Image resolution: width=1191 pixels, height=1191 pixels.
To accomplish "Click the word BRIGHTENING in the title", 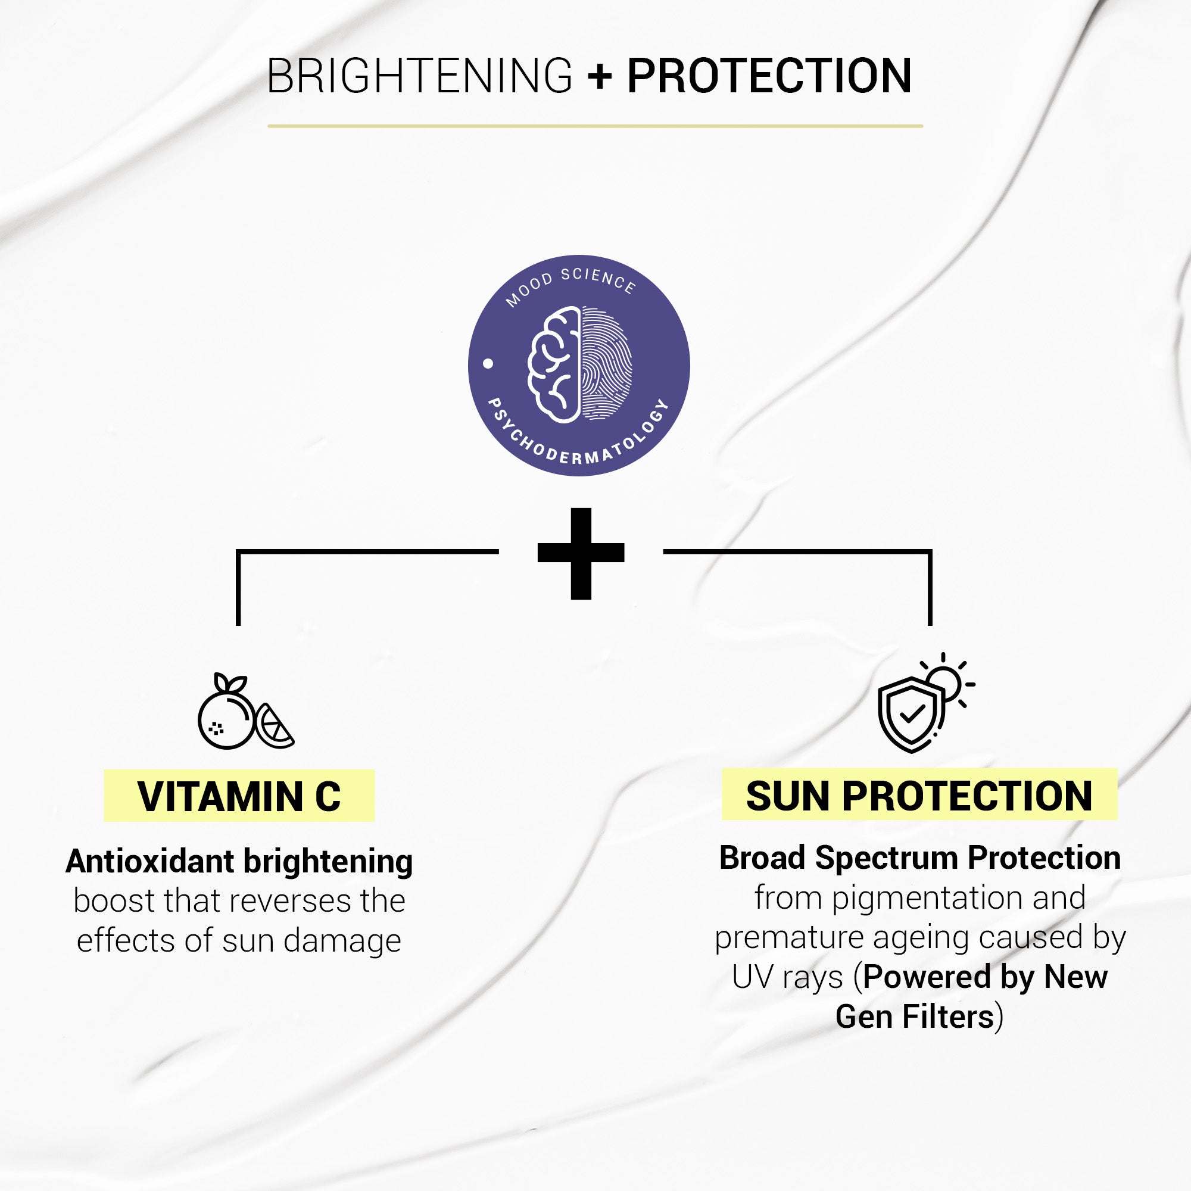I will point(420,76).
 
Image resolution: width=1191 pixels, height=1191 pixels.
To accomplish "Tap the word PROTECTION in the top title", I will point(769,76).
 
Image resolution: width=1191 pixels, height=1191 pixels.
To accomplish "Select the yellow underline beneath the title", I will point(595,126).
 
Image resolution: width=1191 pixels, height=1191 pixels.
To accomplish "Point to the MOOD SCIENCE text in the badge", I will point(570,284).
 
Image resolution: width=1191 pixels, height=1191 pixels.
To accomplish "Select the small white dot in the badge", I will point(488,364).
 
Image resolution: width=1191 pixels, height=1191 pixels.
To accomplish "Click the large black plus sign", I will point(581,553).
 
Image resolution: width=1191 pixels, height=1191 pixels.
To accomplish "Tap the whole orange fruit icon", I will point(226,716).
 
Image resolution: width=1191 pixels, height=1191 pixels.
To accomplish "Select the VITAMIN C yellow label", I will point(239,795).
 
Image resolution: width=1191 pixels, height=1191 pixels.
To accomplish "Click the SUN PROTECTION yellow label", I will point(919,794).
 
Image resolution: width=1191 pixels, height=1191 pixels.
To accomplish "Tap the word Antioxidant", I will point(150,861).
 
